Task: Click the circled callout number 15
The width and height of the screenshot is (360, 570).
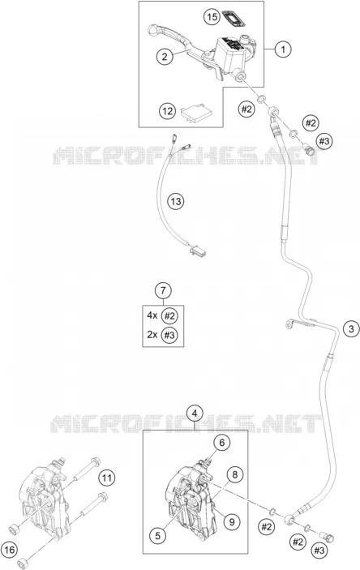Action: coord(212,17)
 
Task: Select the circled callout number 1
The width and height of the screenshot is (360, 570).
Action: coord(283,49)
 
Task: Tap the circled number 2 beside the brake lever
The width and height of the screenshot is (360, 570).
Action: coord(165,56)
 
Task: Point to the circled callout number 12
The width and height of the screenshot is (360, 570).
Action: coord(167,110)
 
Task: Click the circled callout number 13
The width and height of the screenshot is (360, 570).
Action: coord(176,201)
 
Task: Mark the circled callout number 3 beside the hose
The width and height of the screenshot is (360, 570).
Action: coord(351,329)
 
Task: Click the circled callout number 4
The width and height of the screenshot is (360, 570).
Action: coord(195,414)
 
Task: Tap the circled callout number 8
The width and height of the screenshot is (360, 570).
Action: coord(235,474)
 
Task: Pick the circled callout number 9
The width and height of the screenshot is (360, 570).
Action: coord(232,522)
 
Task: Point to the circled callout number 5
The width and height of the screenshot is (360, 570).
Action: coord(158,535)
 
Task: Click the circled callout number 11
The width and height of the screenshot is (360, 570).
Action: coord(106,478)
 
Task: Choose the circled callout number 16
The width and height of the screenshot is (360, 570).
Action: coord(10,550)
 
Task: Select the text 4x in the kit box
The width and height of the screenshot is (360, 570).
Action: coord(152,315)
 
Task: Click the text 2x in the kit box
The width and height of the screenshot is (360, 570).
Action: coord(152,334)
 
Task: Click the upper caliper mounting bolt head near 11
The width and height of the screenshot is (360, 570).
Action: coord(96,462)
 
